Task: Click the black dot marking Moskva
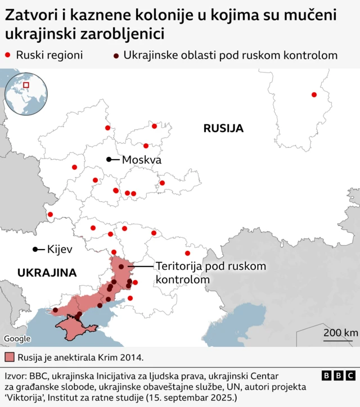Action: pos(109,160)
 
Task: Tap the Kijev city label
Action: pos(60,249)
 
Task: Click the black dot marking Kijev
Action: pos(35,249)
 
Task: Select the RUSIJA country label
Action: pos(223,128)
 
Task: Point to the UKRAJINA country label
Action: pos(47,273)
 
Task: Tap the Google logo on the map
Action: pos(17,338)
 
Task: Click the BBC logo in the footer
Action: pos(338,376)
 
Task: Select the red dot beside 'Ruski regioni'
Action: pos(8,55)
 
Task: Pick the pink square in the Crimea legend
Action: pos(8,357)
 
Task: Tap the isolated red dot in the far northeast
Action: pos(314,94)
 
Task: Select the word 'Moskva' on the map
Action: pos(142,160)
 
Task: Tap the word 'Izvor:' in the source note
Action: pos(17,375)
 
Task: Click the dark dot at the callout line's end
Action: pos(121,266)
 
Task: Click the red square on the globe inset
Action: pos(26,85)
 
